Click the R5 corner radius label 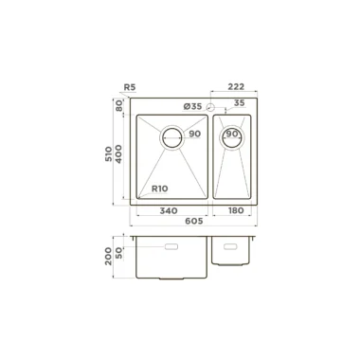(130, 87)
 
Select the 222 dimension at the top (236, 86)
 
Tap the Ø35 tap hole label (192, 107)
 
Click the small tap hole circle (210, 107)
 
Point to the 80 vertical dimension (119, 105)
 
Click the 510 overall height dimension (109, 154)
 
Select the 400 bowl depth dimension (118, 153)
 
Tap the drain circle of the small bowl (233, 136)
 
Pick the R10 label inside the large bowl (160, 189)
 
